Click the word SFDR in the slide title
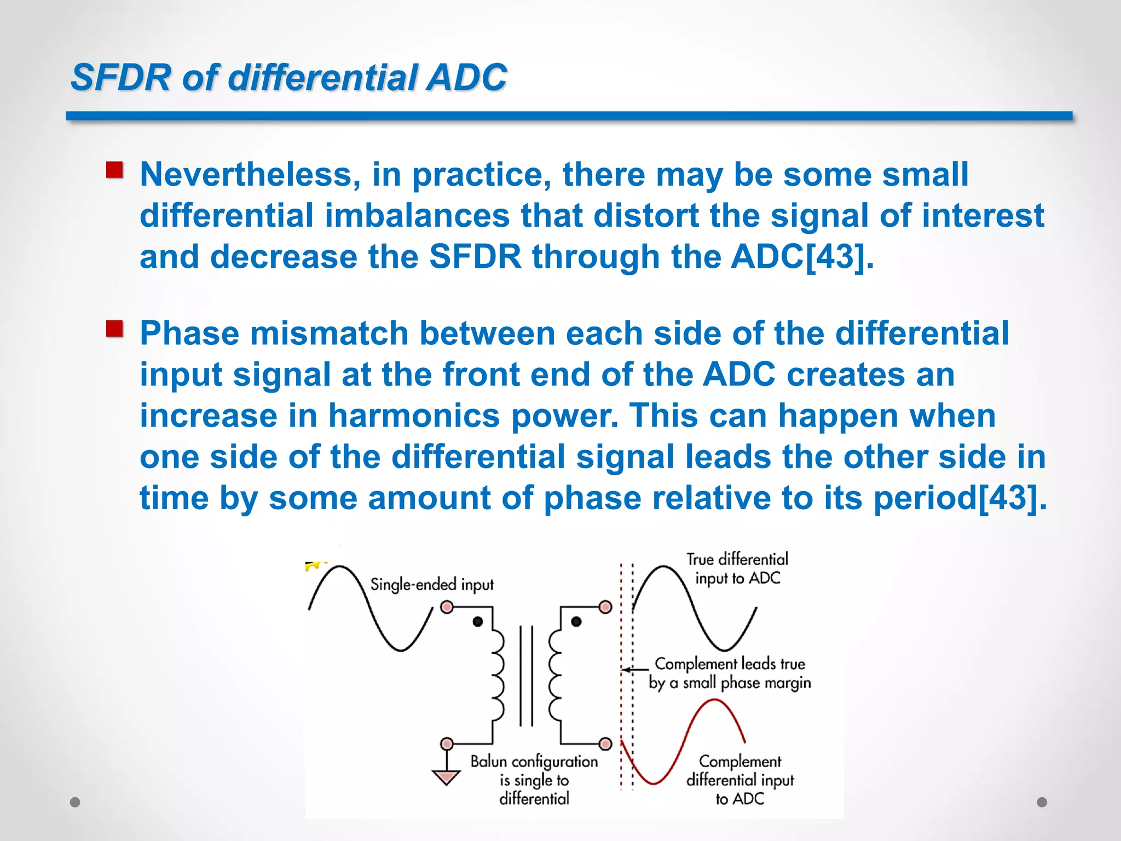tap(121, 77)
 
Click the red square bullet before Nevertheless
tap(114, 170)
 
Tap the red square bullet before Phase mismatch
tap(114, 329)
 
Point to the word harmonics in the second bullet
tap(414, 416)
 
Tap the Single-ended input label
tap(432, 585)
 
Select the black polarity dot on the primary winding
tap(478, 621)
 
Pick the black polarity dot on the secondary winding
tap(576, 621)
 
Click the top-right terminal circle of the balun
tap(605, 607)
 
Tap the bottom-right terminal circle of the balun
tap(605, 744)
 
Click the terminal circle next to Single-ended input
tap(447, 607)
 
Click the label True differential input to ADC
tap(737, 568)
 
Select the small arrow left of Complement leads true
tap(635, 669)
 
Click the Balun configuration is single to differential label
tap(534, 780)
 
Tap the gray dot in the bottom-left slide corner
tap(76, 802)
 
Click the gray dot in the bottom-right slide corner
tap(1042, 802)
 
